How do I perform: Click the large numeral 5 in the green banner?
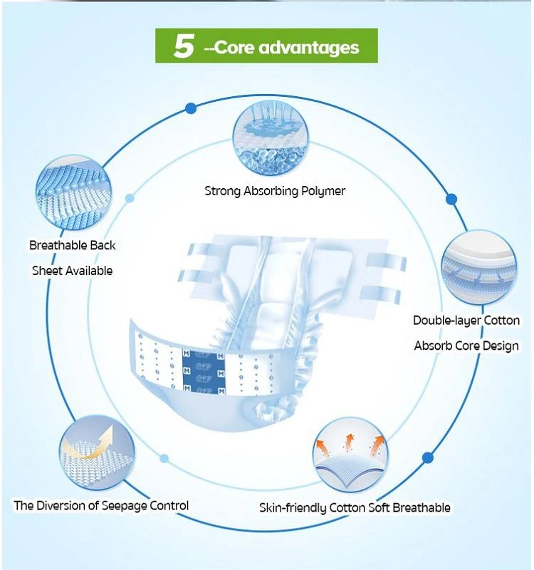tap(184, 46)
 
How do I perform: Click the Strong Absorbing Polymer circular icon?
tap(271, 138)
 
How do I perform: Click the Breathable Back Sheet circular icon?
tap(74, 192)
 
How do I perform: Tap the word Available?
tap(91, 271)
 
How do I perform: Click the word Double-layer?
tap(447, 321)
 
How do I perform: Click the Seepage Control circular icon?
tap(97, 453)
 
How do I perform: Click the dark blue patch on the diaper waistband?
tap(204, 371)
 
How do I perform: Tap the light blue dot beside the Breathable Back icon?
tap(130, 198)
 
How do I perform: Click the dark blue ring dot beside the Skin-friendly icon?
tap(428, 457)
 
